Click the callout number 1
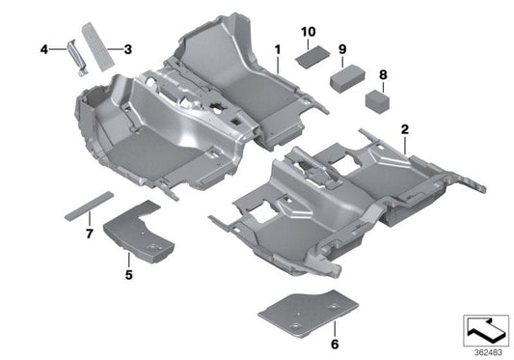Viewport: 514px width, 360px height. tap(276, 47)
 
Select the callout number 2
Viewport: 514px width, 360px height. tap(405, 128)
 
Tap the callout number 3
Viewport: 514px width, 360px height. tap(127, 46)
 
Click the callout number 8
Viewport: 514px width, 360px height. tap(383, 73)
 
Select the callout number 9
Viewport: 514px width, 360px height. tap(342, 46)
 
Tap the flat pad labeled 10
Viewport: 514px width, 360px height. tap(309, 56)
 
